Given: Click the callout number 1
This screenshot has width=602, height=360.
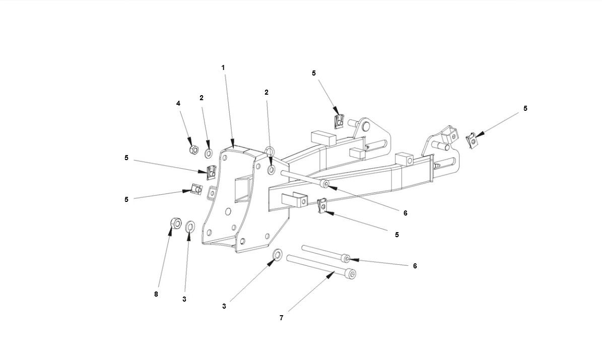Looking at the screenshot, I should point(223,67).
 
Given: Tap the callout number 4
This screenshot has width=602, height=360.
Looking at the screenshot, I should point(178,103).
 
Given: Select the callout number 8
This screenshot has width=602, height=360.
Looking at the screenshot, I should point(156,294).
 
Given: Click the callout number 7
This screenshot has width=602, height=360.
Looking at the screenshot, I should point(282,318).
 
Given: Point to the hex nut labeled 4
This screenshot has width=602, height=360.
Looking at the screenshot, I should point(192,150).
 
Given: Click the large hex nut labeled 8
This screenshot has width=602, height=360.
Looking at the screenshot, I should point(175,223).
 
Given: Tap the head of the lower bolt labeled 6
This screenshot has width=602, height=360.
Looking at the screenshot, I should point(346,258).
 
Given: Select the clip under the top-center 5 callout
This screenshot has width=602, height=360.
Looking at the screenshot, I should point(339,121).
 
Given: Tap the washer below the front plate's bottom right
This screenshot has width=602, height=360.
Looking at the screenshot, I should point(277,255).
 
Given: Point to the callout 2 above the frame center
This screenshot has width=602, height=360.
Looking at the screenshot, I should point(266,92).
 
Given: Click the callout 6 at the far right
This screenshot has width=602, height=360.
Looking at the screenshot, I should point(415,266).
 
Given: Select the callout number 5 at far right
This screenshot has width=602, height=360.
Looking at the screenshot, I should point(525,108).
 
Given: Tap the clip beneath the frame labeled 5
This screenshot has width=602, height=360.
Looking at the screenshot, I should point(323,205).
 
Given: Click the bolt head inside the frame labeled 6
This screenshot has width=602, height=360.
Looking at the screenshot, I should point(325,185).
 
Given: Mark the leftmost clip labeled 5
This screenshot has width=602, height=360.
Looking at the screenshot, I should point(196,189).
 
